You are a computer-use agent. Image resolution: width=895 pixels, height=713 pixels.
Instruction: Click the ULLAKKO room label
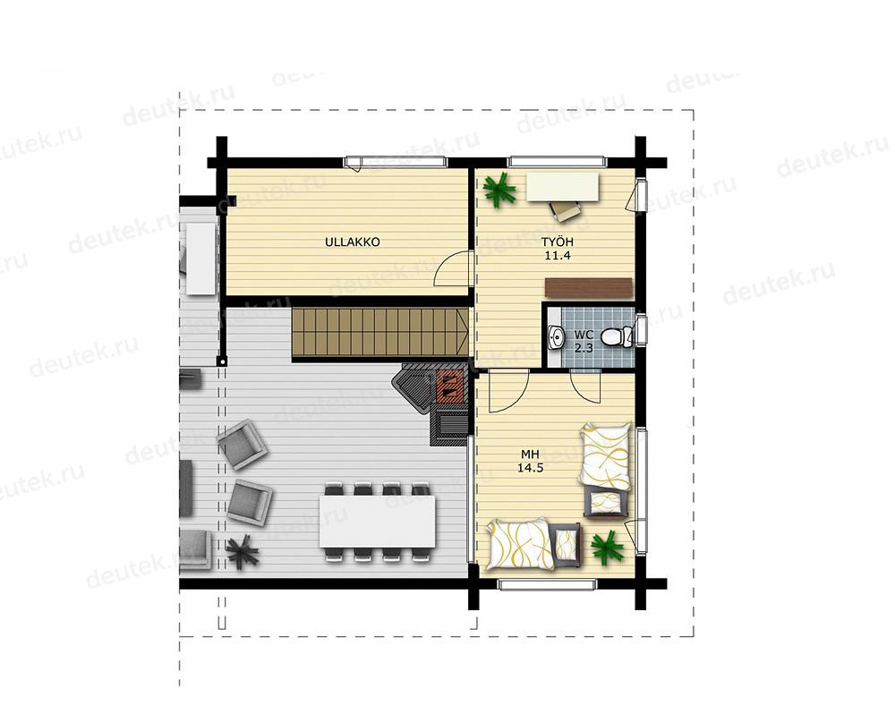tap(352, 242)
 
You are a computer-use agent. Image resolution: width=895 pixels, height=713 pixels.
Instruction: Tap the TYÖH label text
tap(558, 242)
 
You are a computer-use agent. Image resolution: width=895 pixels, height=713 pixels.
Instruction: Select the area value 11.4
tap(558, 256)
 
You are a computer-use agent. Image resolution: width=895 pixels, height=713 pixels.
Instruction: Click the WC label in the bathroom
tap(584, 335)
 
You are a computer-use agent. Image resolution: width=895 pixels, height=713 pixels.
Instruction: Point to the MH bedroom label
tap(530, 454)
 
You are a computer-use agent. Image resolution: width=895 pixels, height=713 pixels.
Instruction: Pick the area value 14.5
tap(530, 468)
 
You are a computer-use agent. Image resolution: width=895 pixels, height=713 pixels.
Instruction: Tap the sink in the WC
tap(556, 337)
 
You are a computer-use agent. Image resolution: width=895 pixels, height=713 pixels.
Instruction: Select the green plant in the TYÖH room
tap(499, 190)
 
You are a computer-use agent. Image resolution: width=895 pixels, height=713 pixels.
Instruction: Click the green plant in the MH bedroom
tap(608, 547)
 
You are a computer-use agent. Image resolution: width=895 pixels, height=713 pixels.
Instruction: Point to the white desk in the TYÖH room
tap(563, 186)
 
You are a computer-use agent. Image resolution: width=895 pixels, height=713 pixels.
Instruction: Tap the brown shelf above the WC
tap(589, 287)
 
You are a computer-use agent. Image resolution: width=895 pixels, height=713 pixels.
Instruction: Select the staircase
tap(380, 335)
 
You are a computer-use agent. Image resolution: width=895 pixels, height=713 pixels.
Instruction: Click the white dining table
tap(378, 522)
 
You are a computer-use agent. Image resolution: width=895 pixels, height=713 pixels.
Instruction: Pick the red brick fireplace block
tap(450, 385)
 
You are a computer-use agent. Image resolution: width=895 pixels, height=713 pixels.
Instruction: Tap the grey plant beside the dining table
tap(243, 550)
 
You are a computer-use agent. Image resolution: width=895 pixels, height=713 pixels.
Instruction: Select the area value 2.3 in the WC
tap(584, 347)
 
